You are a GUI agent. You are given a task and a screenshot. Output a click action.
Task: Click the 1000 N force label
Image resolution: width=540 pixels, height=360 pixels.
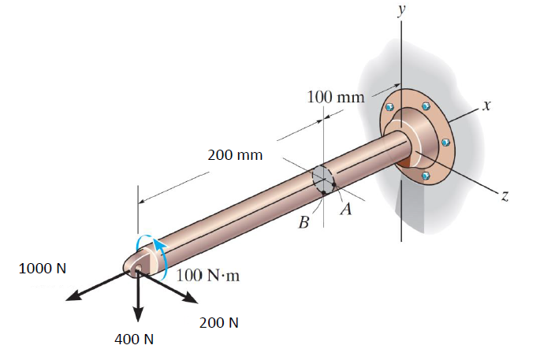pyautogui.click(x=43, y=268)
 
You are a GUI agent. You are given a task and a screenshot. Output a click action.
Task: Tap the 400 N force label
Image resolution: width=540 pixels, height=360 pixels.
pyautogui.click(x=134, y=340)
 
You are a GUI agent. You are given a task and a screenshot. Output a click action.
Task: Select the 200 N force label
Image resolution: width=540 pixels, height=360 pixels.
pyautogui.click(x=219, y=322)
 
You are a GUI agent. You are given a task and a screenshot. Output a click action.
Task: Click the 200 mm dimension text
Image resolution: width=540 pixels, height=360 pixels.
pyautogui.click(x=235, y=154)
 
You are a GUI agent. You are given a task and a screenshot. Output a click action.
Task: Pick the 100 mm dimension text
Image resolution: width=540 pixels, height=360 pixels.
pyautogui.click(x=335, y=98)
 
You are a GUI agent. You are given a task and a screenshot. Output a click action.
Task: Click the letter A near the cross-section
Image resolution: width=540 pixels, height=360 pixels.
pyautogui.click(x=344, y=210)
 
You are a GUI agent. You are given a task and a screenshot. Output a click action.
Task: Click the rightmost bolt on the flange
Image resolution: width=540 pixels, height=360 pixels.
pyautogui.click(x=445, y=143)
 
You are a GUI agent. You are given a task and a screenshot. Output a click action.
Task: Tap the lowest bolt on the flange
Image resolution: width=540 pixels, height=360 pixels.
pyautogui.click(x=426, y=176)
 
